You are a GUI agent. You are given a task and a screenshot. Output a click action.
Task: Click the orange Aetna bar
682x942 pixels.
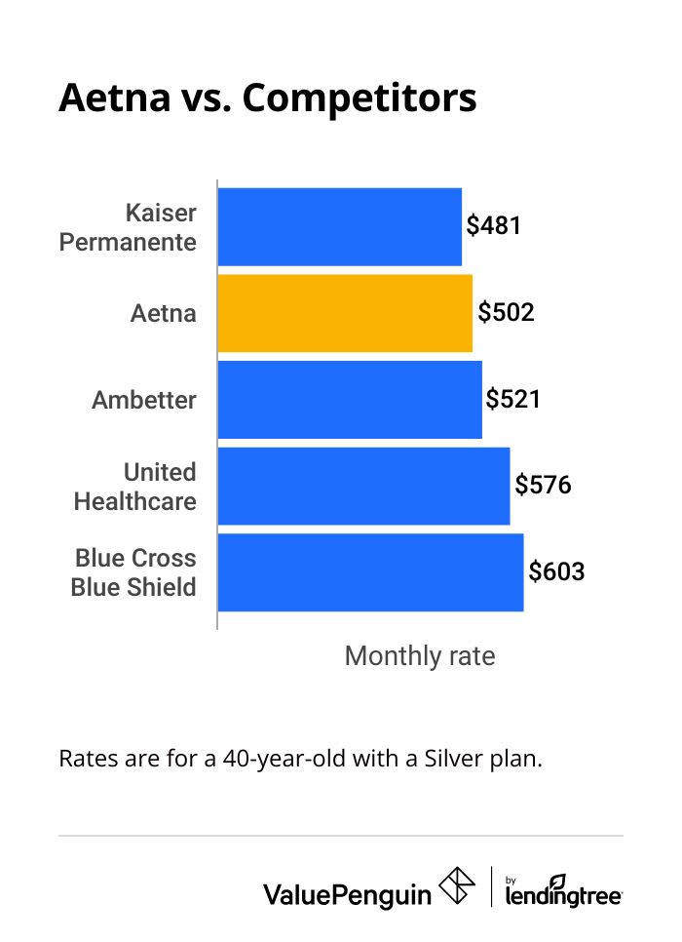coord(345,313)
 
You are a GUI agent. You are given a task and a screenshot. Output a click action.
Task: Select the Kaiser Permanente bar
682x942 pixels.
coord(339,226)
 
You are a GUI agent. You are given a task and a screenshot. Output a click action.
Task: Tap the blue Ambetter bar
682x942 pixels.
coord(350,400)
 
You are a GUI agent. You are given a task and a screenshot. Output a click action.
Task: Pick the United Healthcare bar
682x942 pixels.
coord(363,486)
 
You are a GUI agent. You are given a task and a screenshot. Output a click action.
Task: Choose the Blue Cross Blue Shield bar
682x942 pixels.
coord(370,572)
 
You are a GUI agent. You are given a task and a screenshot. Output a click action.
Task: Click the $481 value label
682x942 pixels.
coord(494,226)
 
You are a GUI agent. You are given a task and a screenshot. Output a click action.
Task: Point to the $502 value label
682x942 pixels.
coord(506,313)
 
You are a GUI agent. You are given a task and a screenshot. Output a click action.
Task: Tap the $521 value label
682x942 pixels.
coord(513,399)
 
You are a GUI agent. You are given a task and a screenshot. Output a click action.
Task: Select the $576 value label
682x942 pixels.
coord(543,485)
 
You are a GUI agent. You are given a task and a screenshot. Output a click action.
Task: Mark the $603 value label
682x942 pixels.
coord(556,571)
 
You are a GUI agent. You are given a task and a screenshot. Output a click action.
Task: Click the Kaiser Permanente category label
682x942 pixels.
coord(128,227)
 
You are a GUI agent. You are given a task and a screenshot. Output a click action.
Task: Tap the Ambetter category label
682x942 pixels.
coord(144,400)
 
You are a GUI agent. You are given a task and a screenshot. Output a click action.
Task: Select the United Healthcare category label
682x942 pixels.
coord(135,487)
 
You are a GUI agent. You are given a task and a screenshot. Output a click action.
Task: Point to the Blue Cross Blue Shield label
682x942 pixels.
coord(134,572)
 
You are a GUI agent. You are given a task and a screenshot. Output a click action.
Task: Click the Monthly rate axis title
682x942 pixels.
coord(420,656)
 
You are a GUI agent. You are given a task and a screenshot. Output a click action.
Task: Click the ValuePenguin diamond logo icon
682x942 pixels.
coord(457,885)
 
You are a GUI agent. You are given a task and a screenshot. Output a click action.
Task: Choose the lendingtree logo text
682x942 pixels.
coord(563,891)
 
